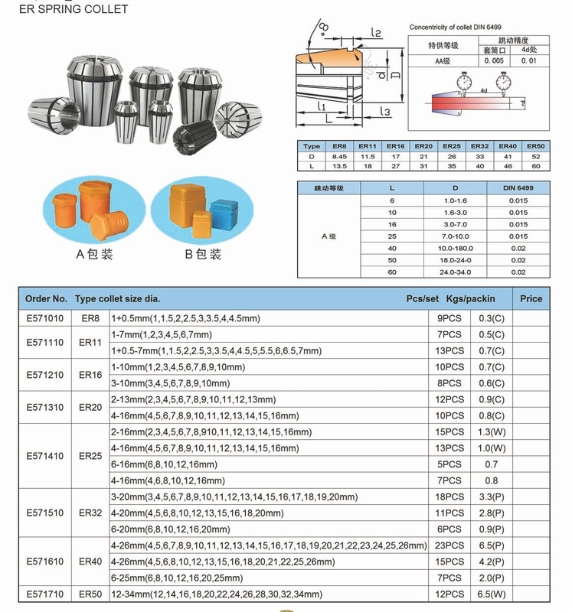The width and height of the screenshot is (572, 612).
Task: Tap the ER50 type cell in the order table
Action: click(x=90, y=594)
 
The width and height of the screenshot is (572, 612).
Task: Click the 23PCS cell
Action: click(x=449, y=545)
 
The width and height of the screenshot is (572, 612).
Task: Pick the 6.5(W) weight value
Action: click(x=490, y=594)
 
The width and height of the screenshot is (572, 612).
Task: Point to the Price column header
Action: click(x=531, y=298)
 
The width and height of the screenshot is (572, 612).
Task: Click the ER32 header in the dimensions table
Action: click(x=480, y=145)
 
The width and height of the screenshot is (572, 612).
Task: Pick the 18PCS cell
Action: click(x=449, y=496)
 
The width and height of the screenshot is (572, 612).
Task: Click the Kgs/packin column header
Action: click(x=472, y=298)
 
